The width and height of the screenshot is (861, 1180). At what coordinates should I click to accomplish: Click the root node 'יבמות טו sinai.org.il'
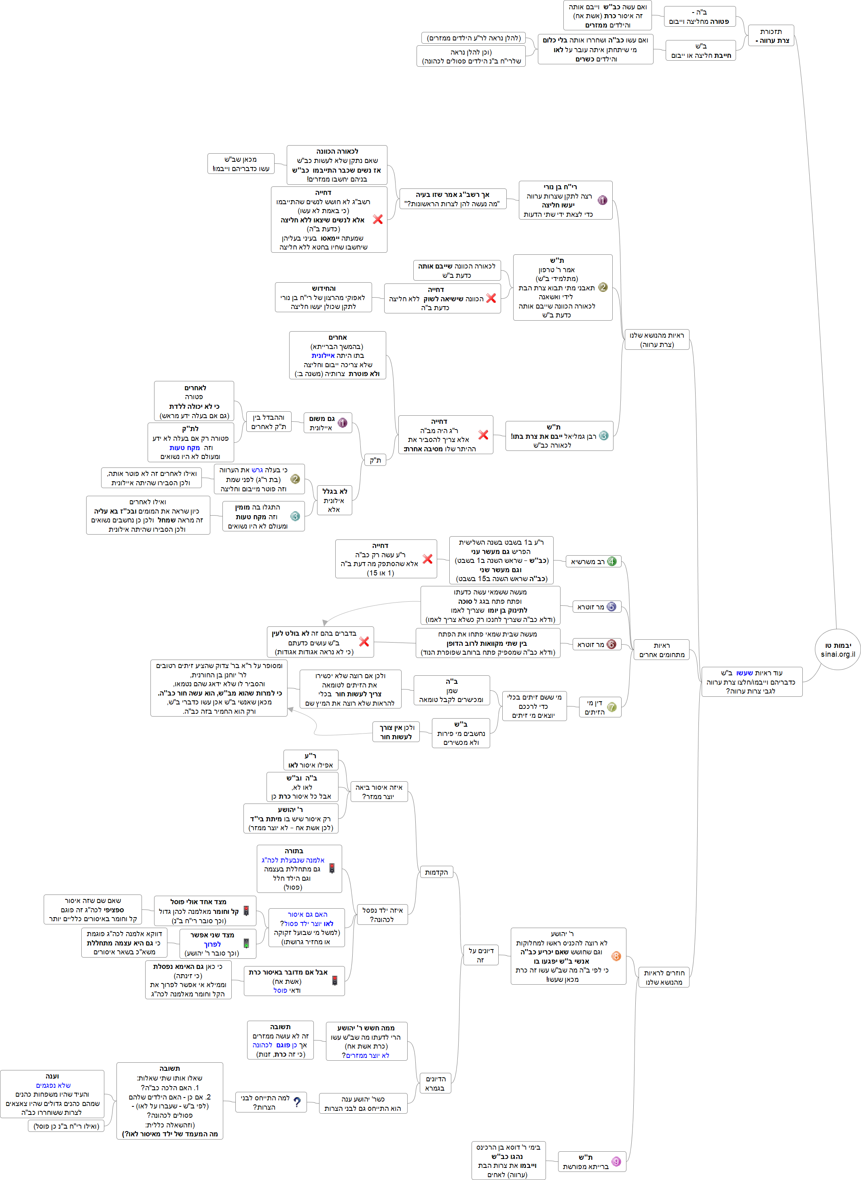coord(838,649)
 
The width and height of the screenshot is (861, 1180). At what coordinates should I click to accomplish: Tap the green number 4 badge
coord(611,561)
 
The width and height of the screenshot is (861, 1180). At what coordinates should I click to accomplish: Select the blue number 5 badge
coord(611,607)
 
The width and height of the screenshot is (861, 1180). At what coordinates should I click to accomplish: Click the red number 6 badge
coord(611,644)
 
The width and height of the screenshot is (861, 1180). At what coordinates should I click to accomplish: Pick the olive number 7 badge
coord(611,707)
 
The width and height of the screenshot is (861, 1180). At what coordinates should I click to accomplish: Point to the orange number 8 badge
coord(616,956)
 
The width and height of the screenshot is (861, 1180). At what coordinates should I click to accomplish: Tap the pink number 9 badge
coord(616,1161)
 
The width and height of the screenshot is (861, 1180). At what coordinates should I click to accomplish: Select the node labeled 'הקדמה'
coord(436,872)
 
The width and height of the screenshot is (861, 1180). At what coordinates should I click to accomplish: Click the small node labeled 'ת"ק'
coord(375,460)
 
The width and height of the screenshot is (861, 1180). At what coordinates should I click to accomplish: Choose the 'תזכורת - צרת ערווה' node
coord(771,36)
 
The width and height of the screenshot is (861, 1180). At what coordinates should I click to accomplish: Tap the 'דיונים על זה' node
coord(480,955)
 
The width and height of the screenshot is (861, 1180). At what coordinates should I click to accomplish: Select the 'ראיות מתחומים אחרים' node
coord(661,649)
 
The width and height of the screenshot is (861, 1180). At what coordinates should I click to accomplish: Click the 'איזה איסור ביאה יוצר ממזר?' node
coord(379,792)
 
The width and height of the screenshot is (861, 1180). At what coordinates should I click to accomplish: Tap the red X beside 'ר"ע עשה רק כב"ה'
coord(427,559)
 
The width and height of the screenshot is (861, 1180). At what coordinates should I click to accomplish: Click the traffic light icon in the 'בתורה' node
coord(332,868)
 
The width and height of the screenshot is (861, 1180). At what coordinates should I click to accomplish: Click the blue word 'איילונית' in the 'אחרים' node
coord(323,355)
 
